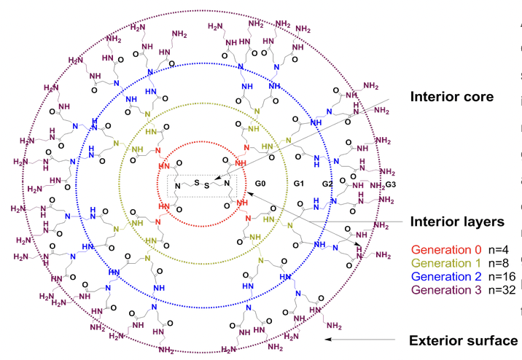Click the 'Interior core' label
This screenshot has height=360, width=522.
point(453,97)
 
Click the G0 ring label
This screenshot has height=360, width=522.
point(261,184)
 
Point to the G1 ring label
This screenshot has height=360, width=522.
point(298,184)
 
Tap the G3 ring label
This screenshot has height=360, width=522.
point(391,184)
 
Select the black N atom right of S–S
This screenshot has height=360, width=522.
point(227,183)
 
